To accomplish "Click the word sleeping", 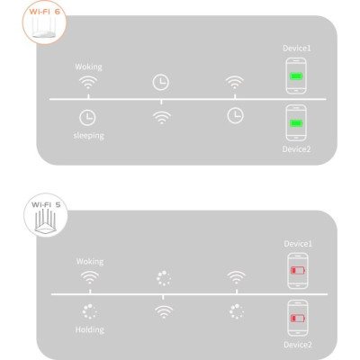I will pos(89,136).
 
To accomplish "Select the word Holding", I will pos(89,330).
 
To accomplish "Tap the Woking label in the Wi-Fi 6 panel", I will pos(89,66).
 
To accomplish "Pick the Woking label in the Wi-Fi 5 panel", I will pos(89,261).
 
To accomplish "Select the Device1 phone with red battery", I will pos(295,271).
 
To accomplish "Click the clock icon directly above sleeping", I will pos(89,116).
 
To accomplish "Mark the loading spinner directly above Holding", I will pos(89,311).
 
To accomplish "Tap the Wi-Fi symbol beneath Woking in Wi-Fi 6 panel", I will pos(89,82).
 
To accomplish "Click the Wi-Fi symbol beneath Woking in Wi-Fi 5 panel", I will pos(89,277).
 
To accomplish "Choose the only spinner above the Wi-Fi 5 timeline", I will pos(163,278).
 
